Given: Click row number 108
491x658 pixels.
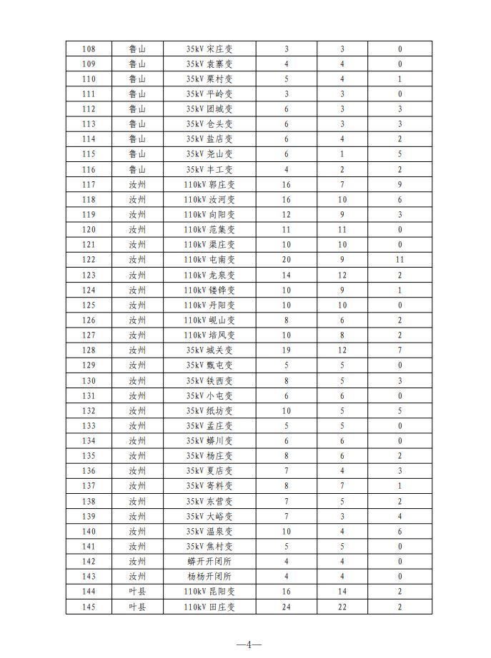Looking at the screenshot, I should coord(89,49).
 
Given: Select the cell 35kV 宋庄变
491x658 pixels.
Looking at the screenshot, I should coord(209,49).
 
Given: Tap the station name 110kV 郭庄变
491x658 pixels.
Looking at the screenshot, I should coord(209,184).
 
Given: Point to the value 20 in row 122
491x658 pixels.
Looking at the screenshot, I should coord(287,260).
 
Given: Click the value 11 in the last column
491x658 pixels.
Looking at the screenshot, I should coord(400,260).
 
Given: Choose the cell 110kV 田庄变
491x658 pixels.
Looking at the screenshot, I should coord(209,607).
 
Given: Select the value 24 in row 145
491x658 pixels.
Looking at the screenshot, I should coord(287,607).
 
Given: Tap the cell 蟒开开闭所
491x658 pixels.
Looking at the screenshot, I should coord(209,562).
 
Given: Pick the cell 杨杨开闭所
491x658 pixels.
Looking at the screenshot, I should coord(209,577).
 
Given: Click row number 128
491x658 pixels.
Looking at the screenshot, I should coord(89,350).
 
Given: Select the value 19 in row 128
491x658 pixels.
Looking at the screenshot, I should coord(287,350).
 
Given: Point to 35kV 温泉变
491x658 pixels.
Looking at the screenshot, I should coord(209,532).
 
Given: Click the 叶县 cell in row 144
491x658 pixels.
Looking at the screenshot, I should coord(137,592).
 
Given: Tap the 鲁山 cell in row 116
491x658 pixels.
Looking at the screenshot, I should coord(137,169).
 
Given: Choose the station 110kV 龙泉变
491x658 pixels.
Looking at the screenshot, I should coord(209,275).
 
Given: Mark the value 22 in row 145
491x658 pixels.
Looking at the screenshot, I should coord(342,607).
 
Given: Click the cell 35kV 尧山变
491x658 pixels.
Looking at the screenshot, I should coord(209,154).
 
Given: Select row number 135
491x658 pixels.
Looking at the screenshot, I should coord(89,456).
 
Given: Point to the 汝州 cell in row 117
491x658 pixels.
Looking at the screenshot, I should coord(137,184).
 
